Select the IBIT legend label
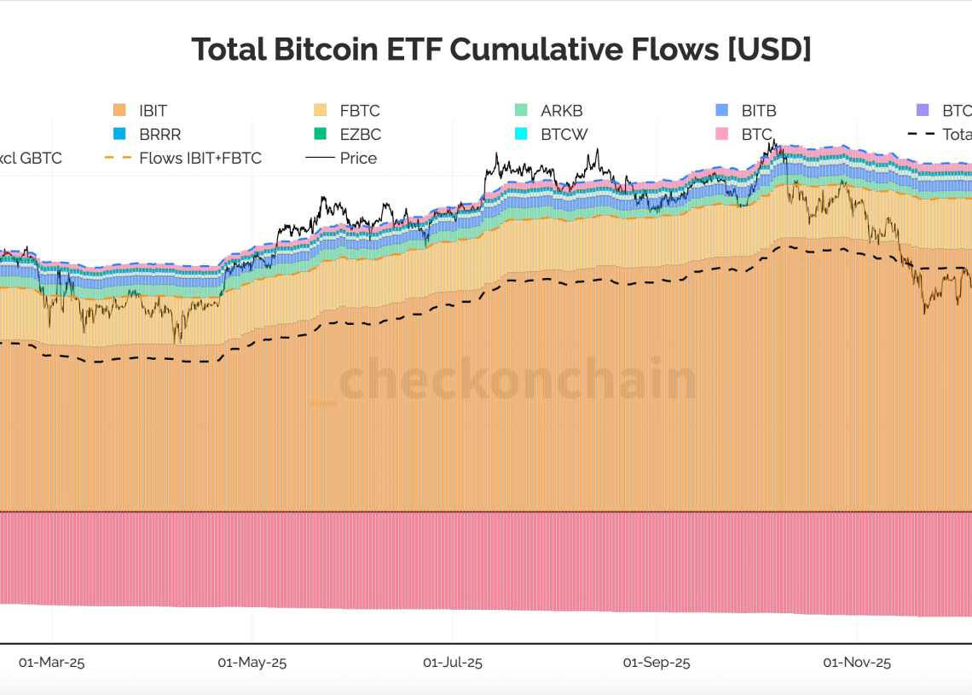point(153,111)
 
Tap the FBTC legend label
point(359,111)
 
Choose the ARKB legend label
point(561,111)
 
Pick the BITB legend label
point(759,111)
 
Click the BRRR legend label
point(159,135)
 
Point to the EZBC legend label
point(360,135)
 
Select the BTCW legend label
point(564,135)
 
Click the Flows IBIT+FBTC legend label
point(200,159)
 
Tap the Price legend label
point(358,159)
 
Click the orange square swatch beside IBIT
point(119,111)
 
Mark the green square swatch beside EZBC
point(321,135)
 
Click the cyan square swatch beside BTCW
point(522,135)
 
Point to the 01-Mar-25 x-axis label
point(52,663)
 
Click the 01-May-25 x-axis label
point(252,663)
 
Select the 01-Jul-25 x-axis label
point(453,663)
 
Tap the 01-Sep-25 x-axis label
point(657,663)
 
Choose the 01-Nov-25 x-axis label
point(857,663)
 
